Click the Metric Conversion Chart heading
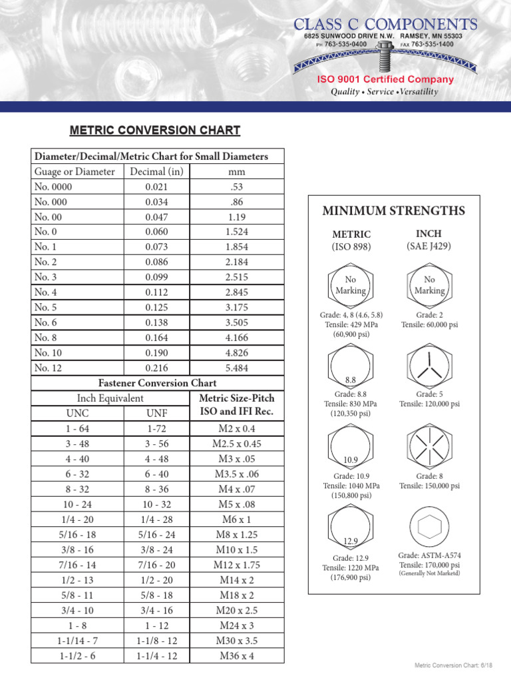[156, 131]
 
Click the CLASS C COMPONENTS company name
[386, 24]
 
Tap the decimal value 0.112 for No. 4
[157, 292]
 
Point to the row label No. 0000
[53, 186]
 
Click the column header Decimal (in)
[157, 171]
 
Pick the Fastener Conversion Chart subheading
[157, 383]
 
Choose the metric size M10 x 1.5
[237, 549]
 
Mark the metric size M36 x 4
[237, 655]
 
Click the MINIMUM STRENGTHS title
[393, 211]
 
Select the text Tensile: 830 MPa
[351, 404]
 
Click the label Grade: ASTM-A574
[429, 555]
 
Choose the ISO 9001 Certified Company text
[385, 79]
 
